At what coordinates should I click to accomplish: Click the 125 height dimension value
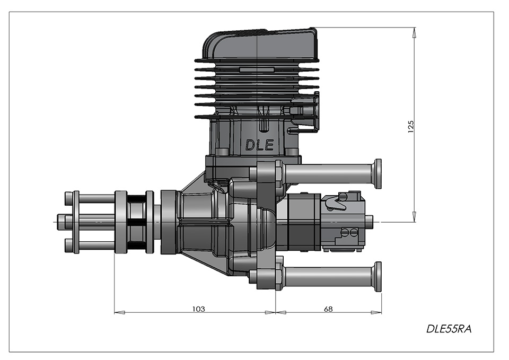tap(410, 127)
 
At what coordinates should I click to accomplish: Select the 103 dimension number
tap(199, 309)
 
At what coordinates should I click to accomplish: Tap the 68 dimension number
tap(328, 309)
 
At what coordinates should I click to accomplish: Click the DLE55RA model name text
tap(449, 329)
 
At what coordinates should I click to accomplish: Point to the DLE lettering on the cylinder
tap(259, 145)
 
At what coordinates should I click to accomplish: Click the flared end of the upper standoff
tap(377, 174)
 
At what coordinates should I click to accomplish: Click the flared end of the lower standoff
tap(377, 276)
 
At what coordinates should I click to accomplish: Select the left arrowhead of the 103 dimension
tap(119, 313)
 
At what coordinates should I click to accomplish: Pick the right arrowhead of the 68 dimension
tap(376, 313)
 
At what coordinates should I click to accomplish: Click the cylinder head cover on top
tap(260, 44)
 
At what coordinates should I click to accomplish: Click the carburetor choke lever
tap(336, 201)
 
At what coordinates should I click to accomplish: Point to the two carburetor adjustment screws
tap(349, 232)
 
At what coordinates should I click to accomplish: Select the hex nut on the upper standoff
tap(279, 174)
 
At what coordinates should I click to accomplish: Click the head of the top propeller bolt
tap(68, 197)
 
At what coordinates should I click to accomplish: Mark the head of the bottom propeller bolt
tap(68, 245)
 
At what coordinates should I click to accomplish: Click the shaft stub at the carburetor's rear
tap(369, 222)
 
